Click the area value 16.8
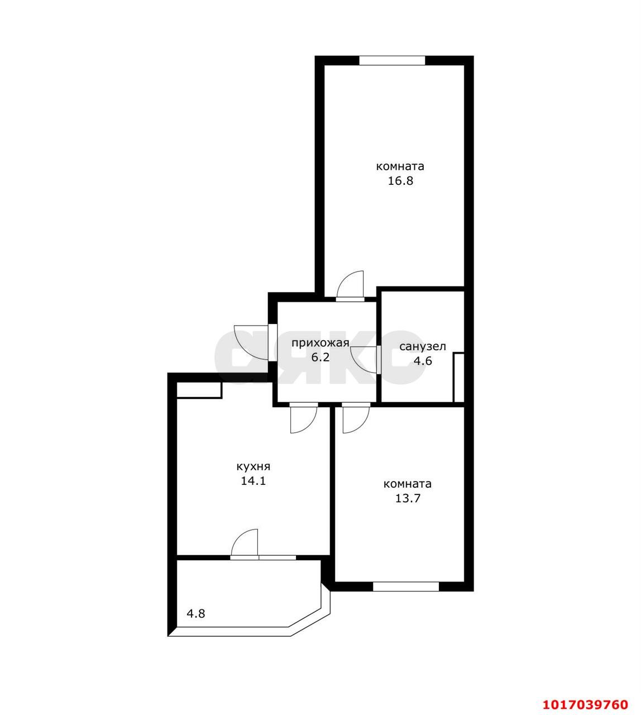coord(400,181)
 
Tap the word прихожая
coord(320,343)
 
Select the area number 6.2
coord(320,357)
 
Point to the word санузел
coord(423,346)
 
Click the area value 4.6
coord(423,361)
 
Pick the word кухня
coord(253,467)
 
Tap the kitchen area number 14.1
coord(253,481)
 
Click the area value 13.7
coord(408,499)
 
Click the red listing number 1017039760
coord(585,695)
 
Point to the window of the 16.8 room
coord(393,60)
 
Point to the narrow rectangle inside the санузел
coord(458,377)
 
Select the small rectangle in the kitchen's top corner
coord(199,390)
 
